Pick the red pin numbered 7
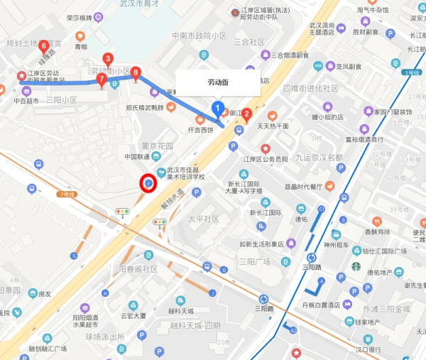(x=102, y=80)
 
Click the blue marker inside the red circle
(x=148, y=184)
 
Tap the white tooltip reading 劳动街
(x=219, y=82)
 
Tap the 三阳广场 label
(x=255, y=261)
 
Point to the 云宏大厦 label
(x=133, y=315)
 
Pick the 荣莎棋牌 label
(x=80, y=17)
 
